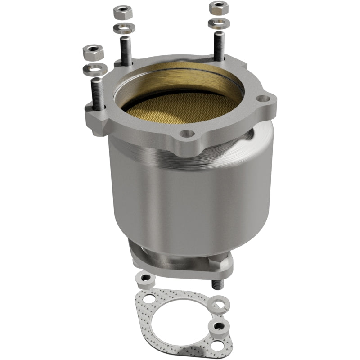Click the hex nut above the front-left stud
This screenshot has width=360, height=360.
(93, 53)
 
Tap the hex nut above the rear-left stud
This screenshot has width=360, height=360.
(123, 12)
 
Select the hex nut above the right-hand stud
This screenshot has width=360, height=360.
(219, 8)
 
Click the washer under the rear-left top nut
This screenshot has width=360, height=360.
(124, 29)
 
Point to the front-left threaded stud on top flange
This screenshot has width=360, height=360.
(98, 92)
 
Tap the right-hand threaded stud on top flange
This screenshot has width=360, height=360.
(219, 45)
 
